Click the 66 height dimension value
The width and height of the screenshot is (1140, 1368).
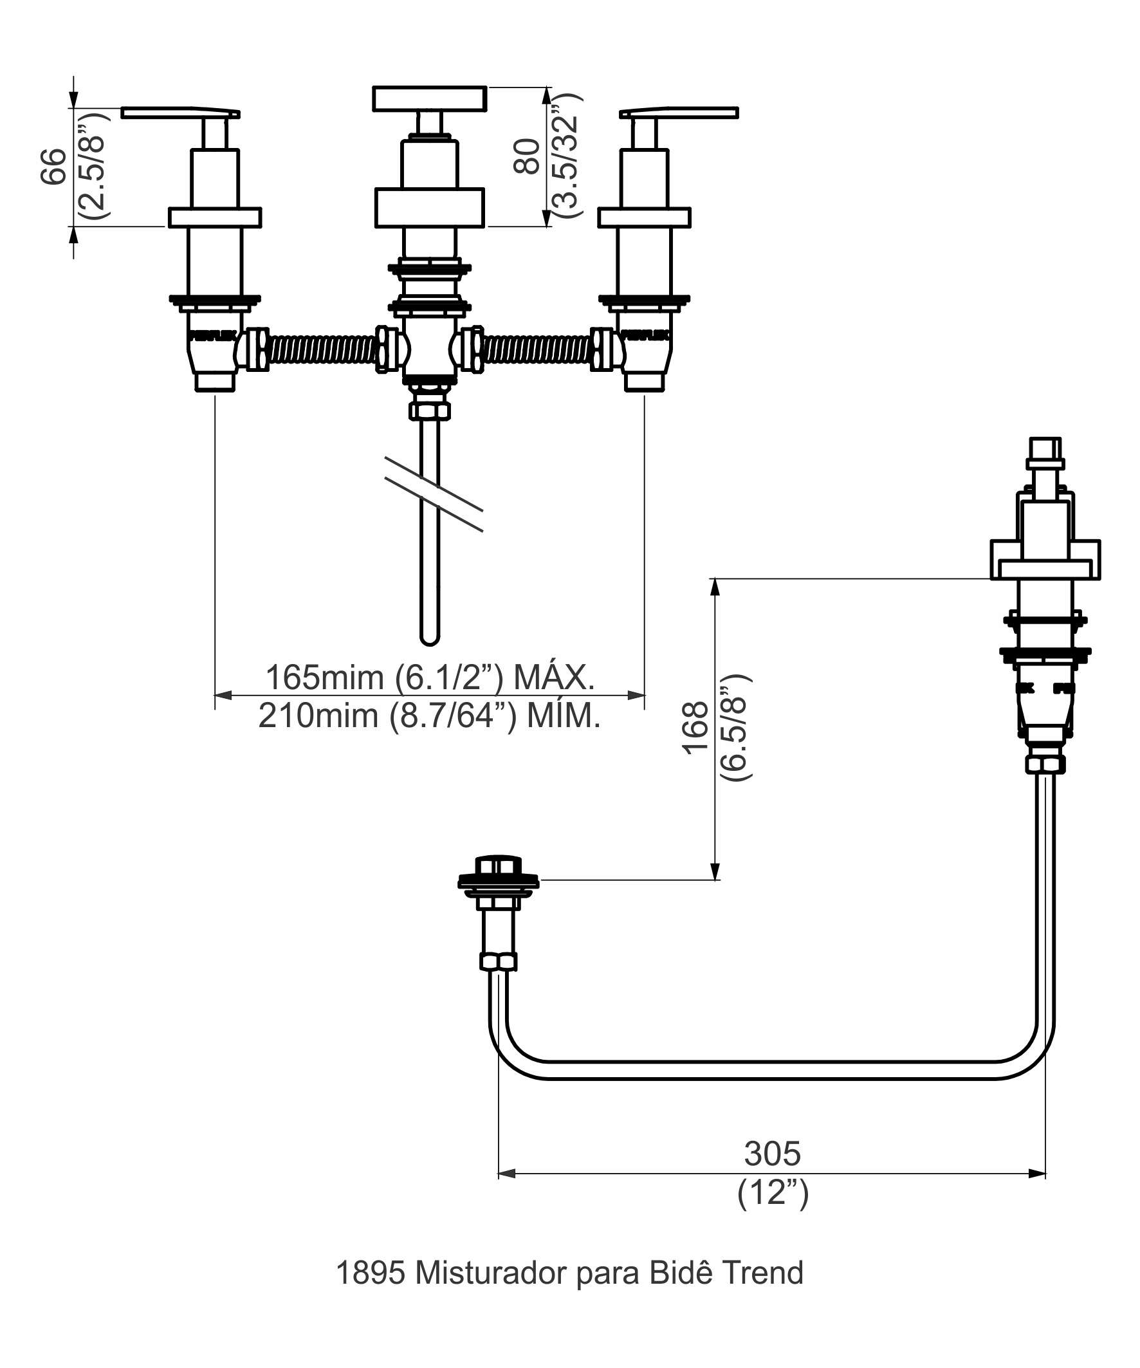[54, 167]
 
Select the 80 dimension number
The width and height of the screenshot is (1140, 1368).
[527, 156]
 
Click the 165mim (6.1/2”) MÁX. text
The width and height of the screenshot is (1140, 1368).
[430, 678]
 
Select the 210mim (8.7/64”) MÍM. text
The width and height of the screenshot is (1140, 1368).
[429, 716]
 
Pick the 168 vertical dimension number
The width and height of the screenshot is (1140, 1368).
[695, 728]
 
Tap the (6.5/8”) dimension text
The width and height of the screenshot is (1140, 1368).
[736, 728]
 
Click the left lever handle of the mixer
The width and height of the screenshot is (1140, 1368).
[180, 113]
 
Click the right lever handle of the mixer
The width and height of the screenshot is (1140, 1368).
[679, 113]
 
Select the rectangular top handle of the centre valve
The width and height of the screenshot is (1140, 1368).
[430, 98]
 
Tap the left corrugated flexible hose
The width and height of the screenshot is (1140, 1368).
[322, 351]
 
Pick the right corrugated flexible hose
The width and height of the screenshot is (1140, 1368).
[537, 351]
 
